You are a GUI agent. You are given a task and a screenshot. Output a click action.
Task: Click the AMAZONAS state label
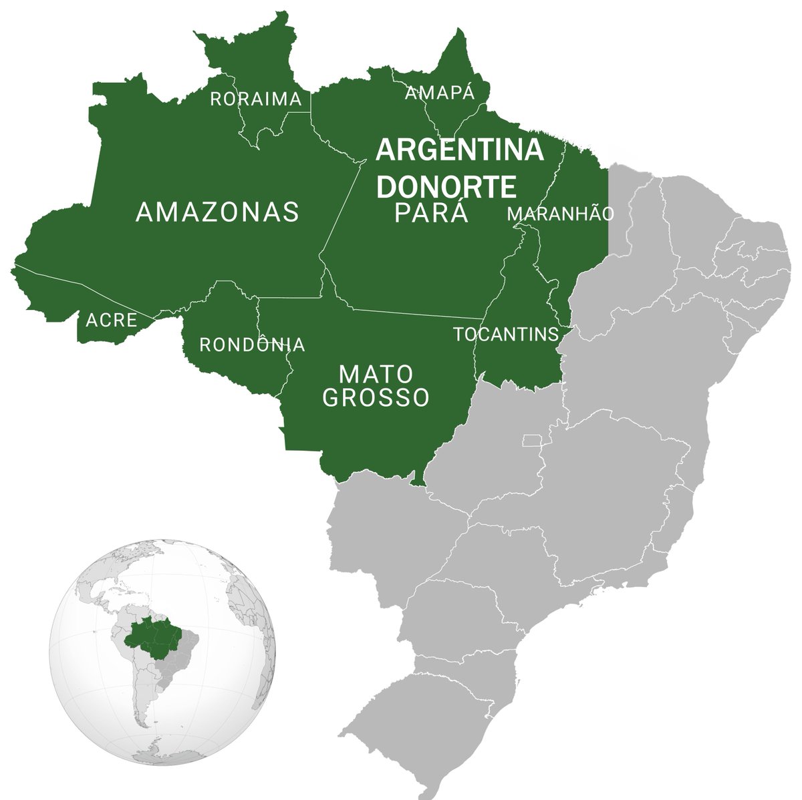point(217,212)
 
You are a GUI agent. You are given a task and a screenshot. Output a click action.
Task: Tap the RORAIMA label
point(256,99)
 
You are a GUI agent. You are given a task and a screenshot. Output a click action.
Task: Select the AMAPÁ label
point(440,93)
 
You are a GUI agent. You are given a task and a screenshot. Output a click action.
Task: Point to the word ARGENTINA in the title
point(459,150)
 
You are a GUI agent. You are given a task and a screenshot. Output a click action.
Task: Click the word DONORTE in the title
point(446,188)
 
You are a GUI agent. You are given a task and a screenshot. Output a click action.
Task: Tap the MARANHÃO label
point(560,214)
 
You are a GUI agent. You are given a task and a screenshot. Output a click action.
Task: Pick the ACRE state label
point(111,321)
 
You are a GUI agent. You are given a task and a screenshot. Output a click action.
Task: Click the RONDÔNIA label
point(252,345)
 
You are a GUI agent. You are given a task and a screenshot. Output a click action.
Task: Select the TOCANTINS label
point(506,335)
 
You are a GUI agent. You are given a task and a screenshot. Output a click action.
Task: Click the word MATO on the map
point(376,373)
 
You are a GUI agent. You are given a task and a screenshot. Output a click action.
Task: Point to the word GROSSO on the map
point(376,399)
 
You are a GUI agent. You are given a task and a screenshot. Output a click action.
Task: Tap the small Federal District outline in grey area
point(533,439)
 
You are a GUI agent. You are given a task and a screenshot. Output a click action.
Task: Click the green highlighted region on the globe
point(155,635)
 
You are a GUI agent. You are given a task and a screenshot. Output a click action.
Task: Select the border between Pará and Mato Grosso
point(414,313)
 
